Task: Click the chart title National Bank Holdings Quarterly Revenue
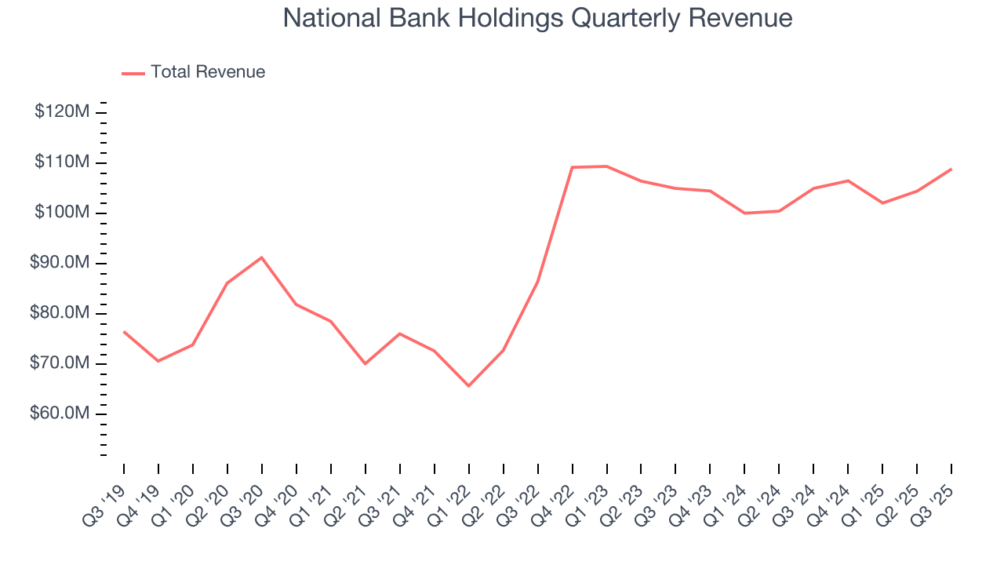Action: [x=537, y=18]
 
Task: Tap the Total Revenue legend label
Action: [x=208, y=72]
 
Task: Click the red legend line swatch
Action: [x=133, y=73]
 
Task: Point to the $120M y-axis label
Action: [x=62, y=112]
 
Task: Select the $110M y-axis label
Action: [x=62, y=162]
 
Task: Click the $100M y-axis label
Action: [x=62, y=213]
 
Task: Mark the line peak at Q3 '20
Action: [x=261, y=257]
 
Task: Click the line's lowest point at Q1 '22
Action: [x=468, y=386]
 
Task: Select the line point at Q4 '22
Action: [x=572, y=167]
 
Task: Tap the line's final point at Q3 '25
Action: [x=951, y=169]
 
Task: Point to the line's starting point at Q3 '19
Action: [x=124, y=331]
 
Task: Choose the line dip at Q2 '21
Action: [x=365, y=363]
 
